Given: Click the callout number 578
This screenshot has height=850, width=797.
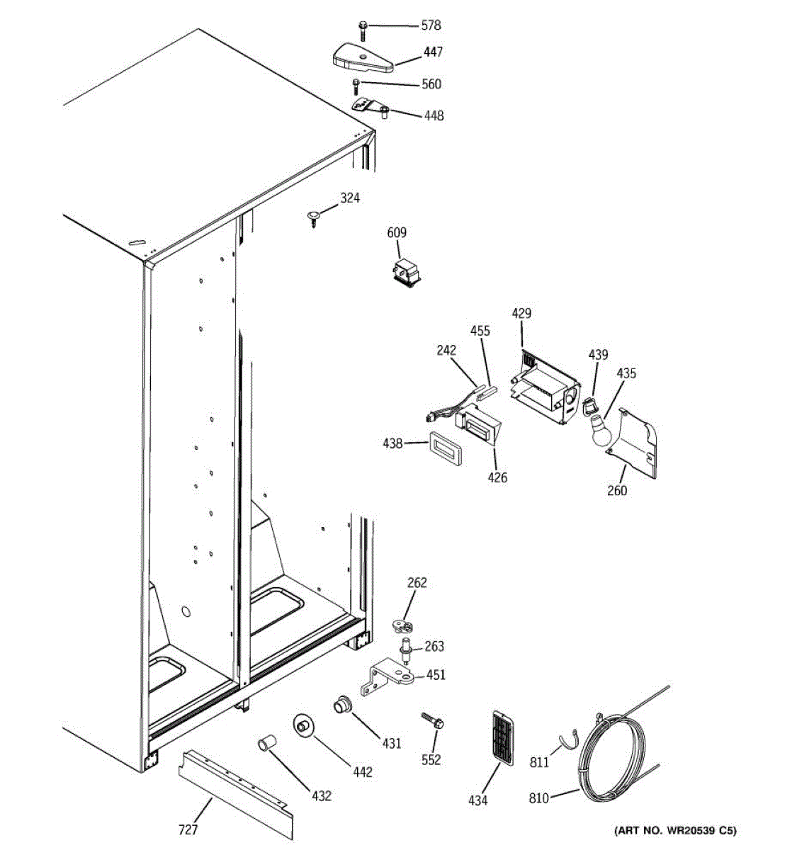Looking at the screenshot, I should tap(431, 25).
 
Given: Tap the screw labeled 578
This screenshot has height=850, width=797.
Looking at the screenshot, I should tap(363, 30).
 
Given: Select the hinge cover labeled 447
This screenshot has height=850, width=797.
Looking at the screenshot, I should tap(363, 57).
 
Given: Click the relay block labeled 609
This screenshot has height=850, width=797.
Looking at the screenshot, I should tap(406, 274).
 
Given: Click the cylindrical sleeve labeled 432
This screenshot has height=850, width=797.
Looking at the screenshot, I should tap(266, 744).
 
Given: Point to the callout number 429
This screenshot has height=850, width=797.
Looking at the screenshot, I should tap(521, 314).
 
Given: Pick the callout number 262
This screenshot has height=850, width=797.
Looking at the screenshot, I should tap(417, 583).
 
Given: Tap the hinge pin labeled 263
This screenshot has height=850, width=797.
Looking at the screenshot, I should tap(407, 648).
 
